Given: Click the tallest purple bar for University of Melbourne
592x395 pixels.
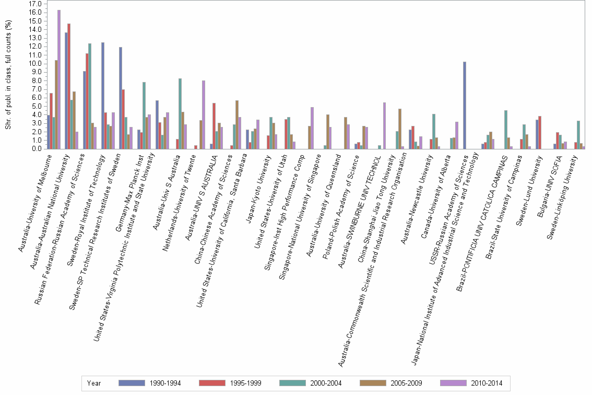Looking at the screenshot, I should [59, 79].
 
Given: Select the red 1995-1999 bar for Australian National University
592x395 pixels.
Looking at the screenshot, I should [69, 86].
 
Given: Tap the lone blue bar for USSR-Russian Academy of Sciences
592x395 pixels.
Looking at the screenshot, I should [465, 105].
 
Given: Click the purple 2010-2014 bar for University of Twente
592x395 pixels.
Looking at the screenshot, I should [204, 114].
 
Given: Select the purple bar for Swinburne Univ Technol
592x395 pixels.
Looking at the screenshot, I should [385, 125].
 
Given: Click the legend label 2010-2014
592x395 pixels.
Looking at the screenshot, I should [487, 383].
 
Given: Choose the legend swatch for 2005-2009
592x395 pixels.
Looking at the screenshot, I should [375, 383].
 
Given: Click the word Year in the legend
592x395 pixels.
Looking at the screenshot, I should [94, 383].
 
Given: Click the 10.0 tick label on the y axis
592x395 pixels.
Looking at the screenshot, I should [35, 63].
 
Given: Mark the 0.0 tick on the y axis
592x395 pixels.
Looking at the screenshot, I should [37, 148].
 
